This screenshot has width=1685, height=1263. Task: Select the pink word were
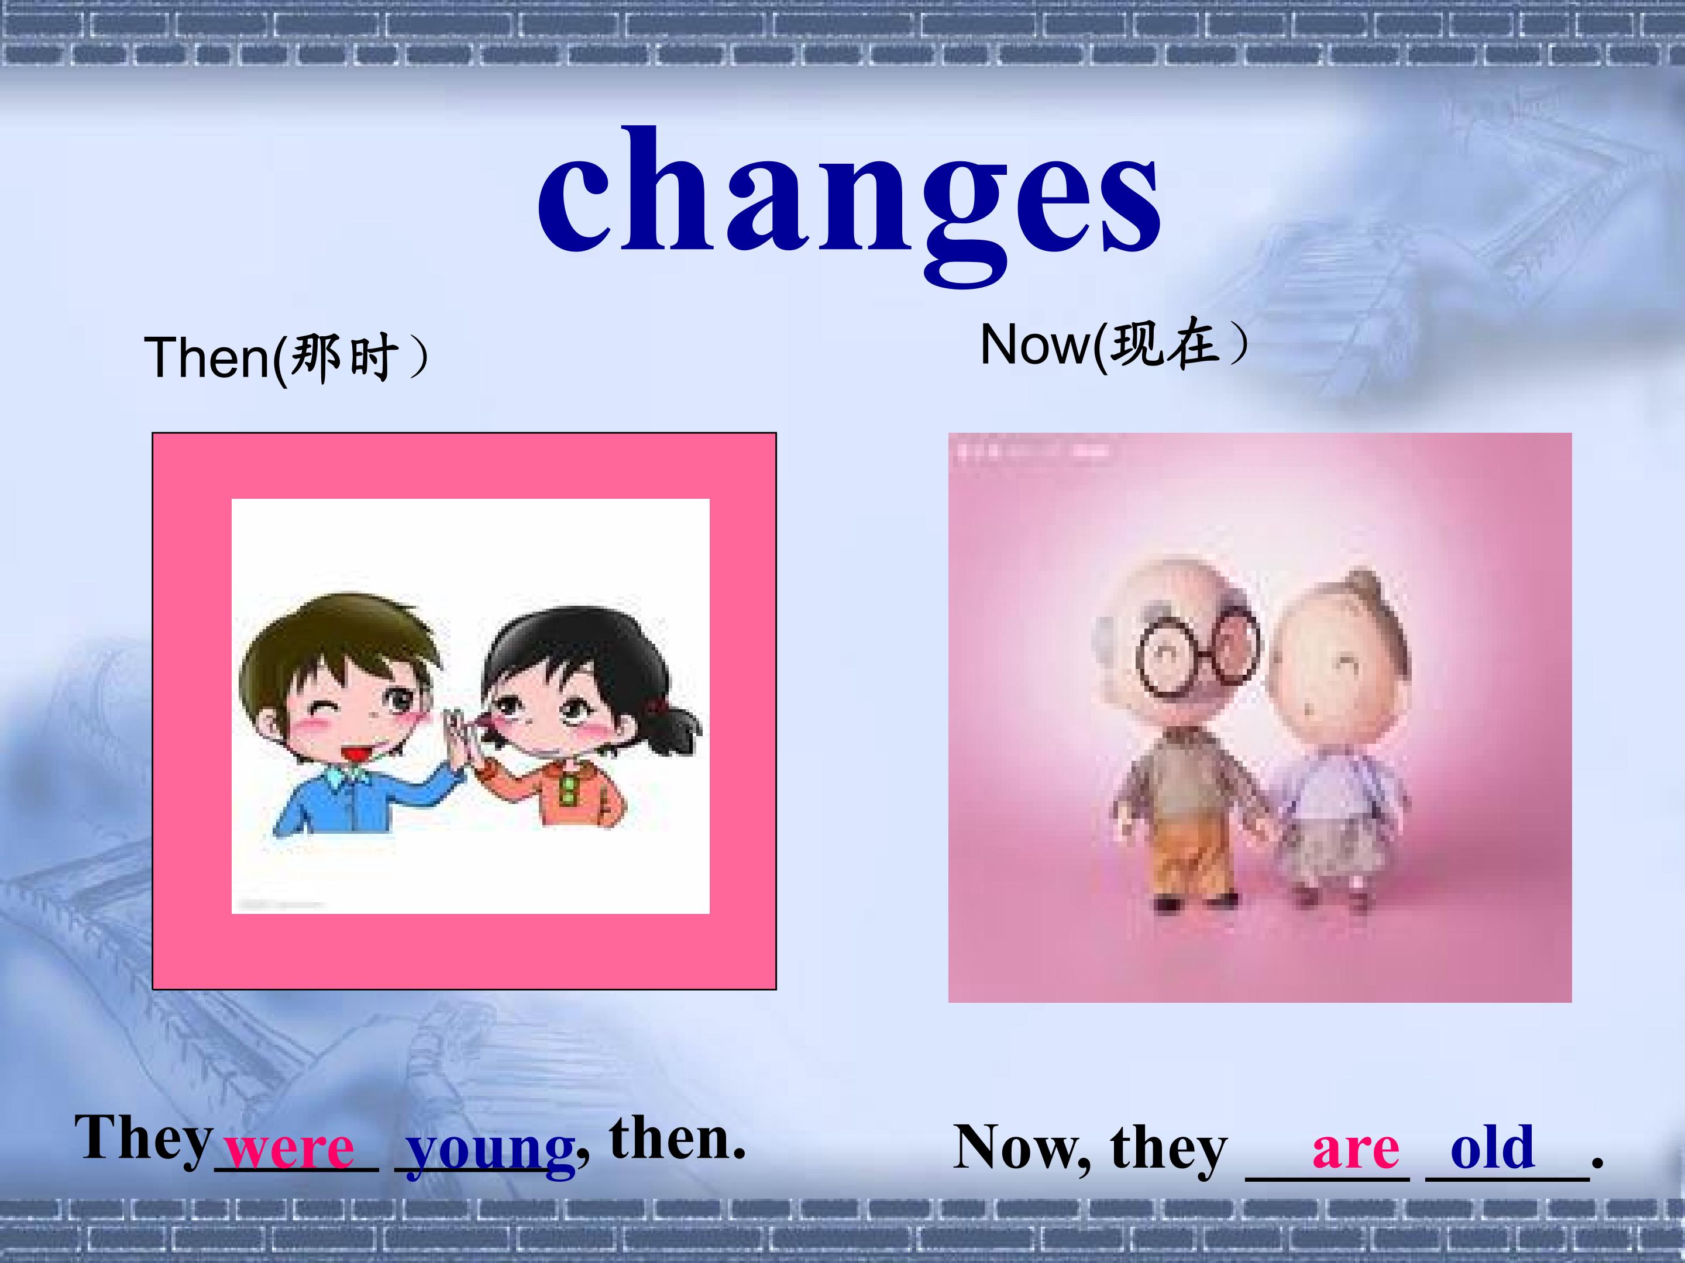290,1148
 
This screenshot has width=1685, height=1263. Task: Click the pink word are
1355,1148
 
